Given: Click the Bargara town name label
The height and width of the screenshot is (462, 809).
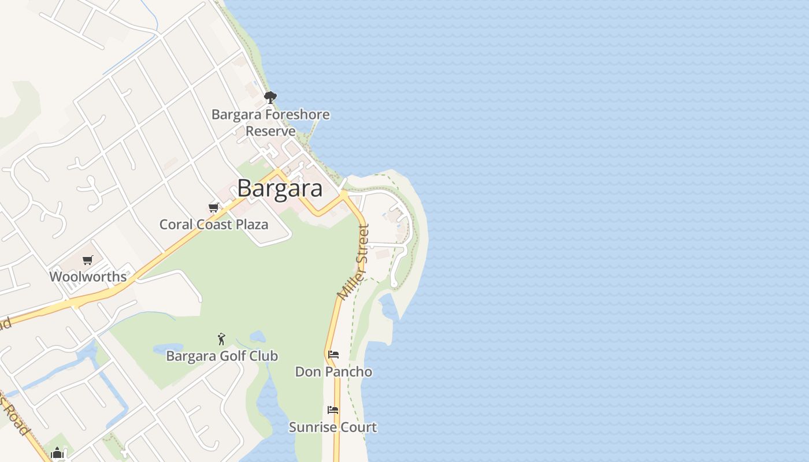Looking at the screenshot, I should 280,189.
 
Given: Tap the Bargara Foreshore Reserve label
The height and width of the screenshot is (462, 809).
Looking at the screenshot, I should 270,122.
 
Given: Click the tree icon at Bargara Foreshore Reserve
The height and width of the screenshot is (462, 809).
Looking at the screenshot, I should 270,97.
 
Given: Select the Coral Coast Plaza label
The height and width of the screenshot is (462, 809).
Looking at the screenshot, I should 214,225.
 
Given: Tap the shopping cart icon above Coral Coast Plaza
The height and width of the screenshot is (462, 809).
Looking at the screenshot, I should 214,208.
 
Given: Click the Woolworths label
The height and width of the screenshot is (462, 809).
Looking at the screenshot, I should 88,277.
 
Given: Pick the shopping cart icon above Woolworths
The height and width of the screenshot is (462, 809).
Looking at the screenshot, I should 87,260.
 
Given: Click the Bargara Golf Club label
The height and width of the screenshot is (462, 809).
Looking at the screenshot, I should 222,356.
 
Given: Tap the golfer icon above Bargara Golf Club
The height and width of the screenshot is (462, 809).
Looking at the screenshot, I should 221,339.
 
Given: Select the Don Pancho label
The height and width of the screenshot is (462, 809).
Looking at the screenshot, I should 333,371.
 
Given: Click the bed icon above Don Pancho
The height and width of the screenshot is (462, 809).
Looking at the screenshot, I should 333,355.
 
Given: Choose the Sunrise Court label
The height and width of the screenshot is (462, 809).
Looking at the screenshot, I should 333,427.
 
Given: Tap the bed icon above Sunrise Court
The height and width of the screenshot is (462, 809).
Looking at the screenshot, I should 333,410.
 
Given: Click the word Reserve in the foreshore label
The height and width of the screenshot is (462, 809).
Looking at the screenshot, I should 270,131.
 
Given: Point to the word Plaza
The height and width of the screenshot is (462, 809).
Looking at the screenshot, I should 251,225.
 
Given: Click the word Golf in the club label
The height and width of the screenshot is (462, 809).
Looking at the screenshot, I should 240,356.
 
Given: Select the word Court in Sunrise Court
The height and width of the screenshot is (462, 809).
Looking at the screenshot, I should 358,427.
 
